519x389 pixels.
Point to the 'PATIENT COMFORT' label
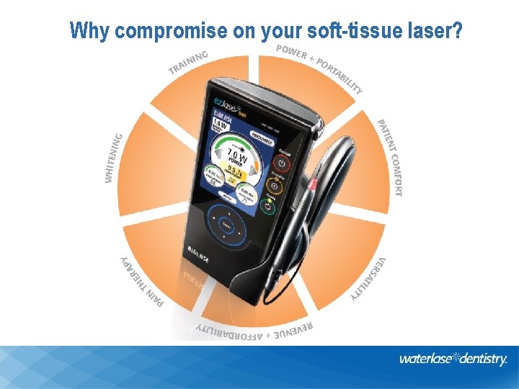(x=390, y=156)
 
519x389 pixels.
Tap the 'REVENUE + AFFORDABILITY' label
(x=254, y=331)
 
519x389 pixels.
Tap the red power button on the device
(x=282, y=164)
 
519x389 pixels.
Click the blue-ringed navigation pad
(x=228, y=225)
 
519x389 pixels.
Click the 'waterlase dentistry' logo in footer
(x=453, y=359)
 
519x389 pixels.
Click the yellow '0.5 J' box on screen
(x=234, y=171)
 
